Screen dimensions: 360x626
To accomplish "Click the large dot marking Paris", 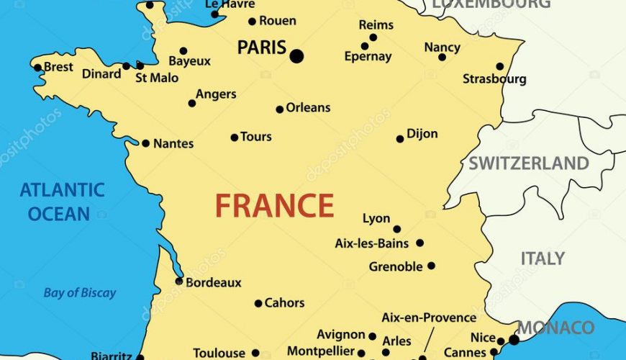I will pyautogui.click(x=296, y=55).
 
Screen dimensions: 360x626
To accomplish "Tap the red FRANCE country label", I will pyautogui.click(x=274, y=206).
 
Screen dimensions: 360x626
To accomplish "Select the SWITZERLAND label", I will pyautogui.click(x=529, y=163).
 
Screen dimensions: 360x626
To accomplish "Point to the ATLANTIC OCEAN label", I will pyautogui.click(x=62, y=202).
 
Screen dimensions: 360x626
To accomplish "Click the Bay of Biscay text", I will pyautogui.click(x=79, y=293).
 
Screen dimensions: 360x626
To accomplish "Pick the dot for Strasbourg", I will pyautogui.click(x=500, y=66).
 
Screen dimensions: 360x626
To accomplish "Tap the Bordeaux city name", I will pyautogui.click(x=214, y=283).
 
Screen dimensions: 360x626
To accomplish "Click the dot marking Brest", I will pyautogui.click(x=37, y=68).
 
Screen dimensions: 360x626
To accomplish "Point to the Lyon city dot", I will pyautogui.click(x=396, y=230).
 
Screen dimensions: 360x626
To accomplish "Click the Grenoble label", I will pyautogui.click(x=396, y=267).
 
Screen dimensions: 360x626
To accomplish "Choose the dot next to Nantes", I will pyautogui.click(x=145, y=143).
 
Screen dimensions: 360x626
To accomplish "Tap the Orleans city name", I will pyautogui.click(x=308, y=107).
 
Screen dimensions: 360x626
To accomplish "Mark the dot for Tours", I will pyautogui.click(x=234, y=138).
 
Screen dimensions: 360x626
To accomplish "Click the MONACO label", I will pyautogui.click(x=556, y=328).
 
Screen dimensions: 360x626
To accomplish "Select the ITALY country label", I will pyautogui.click(x=543, y=258).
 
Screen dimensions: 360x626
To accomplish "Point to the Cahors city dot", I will pyautogui.click(x=258, y=303).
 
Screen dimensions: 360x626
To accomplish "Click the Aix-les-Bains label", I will pyautogui.click(x=372, y=243).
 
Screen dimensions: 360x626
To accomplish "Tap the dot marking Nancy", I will pyautogui.click(x=442, y=57).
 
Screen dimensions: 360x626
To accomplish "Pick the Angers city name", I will pyautogui.click(x=216, y=94).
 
